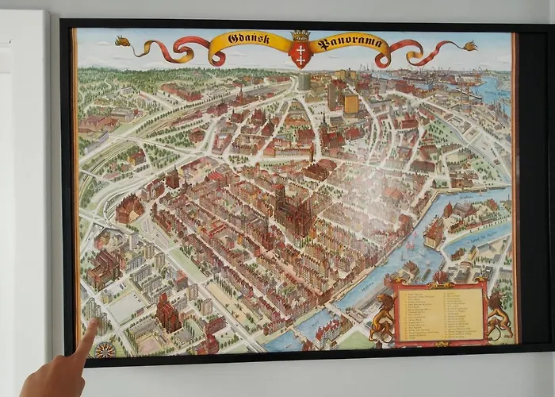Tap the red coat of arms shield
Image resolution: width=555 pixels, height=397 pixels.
pyautogui.click(x=300, y=55)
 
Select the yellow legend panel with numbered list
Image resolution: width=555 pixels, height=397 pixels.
pyautogui.click(x=439, y=314)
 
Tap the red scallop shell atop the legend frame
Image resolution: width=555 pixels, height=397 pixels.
pyautogui.click(x=441, y=278)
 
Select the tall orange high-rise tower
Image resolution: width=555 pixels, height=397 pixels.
pyautogui.click(x=350, y=102)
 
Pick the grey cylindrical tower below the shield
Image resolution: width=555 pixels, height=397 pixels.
pyautogui.click(x=304, y=81)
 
